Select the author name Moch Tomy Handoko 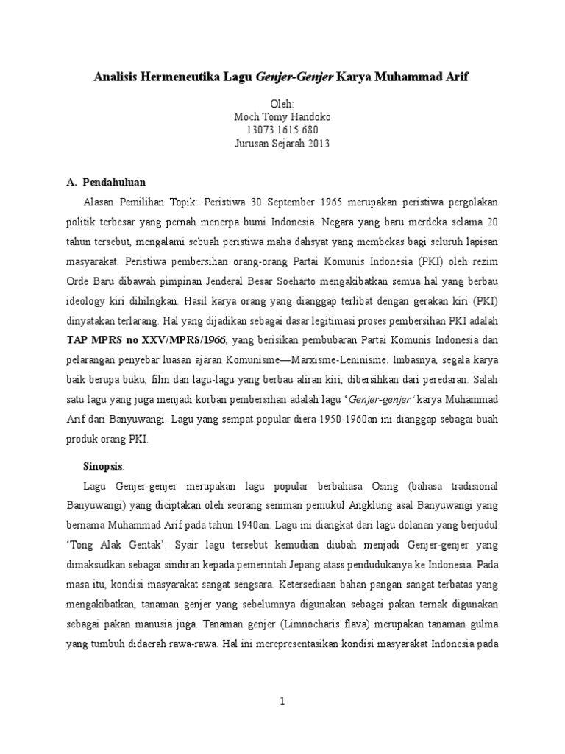pos(282,117)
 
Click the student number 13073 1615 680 pos(282,130)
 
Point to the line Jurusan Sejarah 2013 pos(282,144)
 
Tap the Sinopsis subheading pos(103,466)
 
